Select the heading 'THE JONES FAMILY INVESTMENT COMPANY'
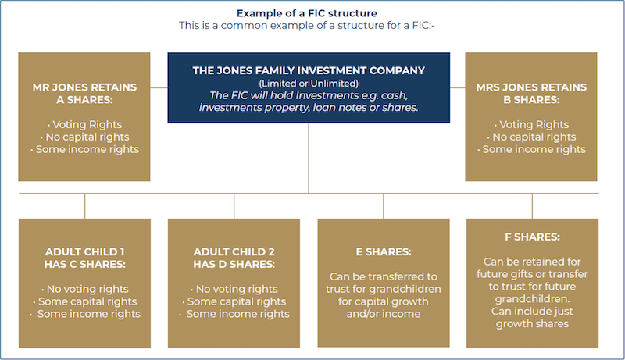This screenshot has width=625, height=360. click(309, 70)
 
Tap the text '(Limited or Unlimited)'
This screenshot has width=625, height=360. click(309, 84)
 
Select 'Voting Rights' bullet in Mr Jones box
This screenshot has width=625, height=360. click(84, 124)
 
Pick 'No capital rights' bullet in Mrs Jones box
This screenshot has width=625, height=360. click(532, 137)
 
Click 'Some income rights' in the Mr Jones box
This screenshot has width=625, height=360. click(84, 149)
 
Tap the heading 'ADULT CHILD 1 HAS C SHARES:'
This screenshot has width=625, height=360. click(84, 258)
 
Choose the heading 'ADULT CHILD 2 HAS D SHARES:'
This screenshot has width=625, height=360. click(234, 258)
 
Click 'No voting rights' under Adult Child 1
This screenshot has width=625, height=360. click(84, 289)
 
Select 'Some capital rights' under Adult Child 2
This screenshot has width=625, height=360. click(234, 301)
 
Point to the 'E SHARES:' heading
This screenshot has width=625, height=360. click(383, 252)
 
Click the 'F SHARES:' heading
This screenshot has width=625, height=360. click(532, 237)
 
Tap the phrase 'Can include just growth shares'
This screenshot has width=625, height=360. click(532, 318)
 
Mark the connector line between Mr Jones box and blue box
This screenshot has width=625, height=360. click(159, 87)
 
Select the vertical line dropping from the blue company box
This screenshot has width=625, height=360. click(309, 156)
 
